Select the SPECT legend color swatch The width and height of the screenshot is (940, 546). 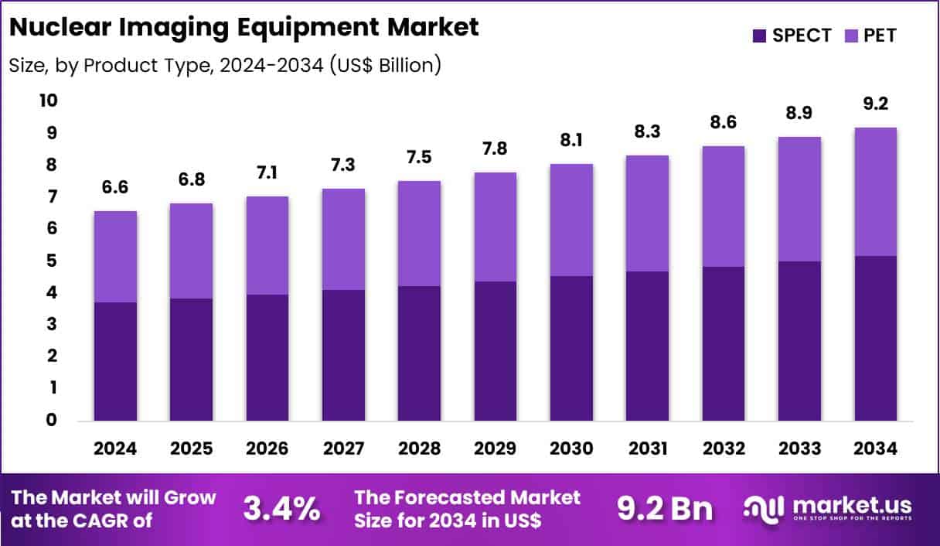pos(758,35)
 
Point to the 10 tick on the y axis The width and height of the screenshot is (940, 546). pos(48,101)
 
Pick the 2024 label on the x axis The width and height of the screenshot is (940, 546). pos(115,449)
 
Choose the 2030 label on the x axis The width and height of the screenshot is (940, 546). pos(571,449)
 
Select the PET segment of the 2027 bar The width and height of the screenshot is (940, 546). pos(343,239)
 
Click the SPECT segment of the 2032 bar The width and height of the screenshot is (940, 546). pos(724,343)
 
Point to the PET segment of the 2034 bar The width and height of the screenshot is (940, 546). pos(875,192)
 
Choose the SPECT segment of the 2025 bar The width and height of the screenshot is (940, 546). pos(191,359)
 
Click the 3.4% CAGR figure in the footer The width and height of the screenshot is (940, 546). pos(281,509)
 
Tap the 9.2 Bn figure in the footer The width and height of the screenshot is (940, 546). pos(664,509)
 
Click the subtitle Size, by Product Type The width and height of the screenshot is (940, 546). pos(225,66)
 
